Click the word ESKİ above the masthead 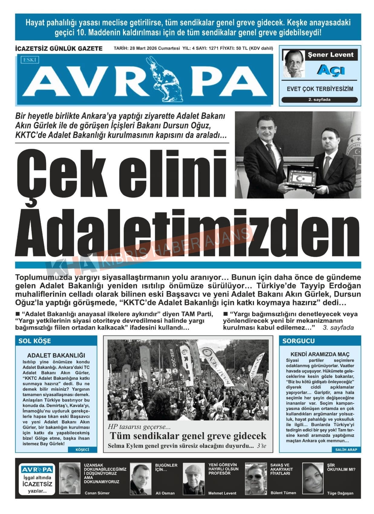tap(30, 60)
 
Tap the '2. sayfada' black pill tap(319, 100)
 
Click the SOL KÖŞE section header tap(35, 341)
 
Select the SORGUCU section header tap(299, 341)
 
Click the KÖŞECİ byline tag tap(82, 450)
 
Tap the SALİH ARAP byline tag tap(346, 450)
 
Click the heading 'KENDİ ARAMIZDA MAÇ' tap(320, 354)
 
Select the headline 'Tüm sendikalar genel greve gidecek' tap(188, 436)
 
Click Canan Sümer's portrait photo tap(70, 478)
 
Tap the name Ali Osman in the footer tap(165, 493)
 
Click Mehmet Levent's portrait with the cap tap(194, 479)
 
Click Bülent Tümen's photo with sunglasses tap(256, 479)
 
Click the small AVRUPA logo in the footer tap(37, 470)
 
